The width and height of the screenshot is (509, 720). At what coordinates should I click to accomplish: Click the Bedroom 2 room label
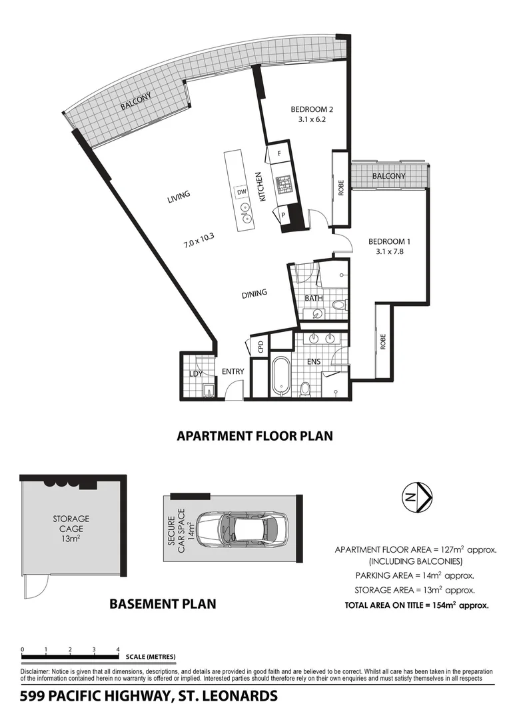311,110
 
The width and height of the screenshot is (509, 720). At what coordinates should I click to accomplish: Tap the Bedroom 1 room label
389,242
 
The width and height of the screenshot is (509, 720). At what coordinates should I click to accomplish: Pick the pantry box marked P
283,215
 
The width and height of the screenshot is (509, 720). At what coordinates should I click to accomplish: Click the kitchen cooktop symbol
284,184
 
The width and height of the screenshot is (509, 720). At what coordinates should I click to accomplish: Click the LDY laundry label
196,373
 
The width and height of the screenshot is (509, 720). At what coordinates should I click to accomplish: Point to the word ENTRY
233,372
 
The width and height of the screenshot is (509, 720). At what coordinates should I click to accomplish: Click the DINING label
254,293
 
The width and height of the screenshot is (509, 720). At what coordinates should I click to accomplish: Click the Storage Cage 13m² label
71,529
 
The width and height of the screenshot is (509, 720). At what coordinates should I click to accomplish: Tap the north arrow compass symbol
418,496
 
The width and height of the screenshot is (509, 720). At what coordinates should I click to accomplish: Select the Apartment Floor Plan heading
254,436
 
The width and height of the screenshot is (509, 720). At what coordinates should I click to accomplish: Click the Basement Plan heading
162,604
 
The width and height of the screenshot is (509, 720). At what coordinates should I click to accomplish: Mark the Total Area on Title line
416,606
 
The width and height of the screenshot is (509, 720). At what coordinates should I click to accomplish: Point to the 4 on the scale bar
118,649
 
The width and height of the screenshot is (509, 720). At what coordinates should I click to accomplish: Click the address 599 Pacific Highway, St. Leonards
149,697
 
